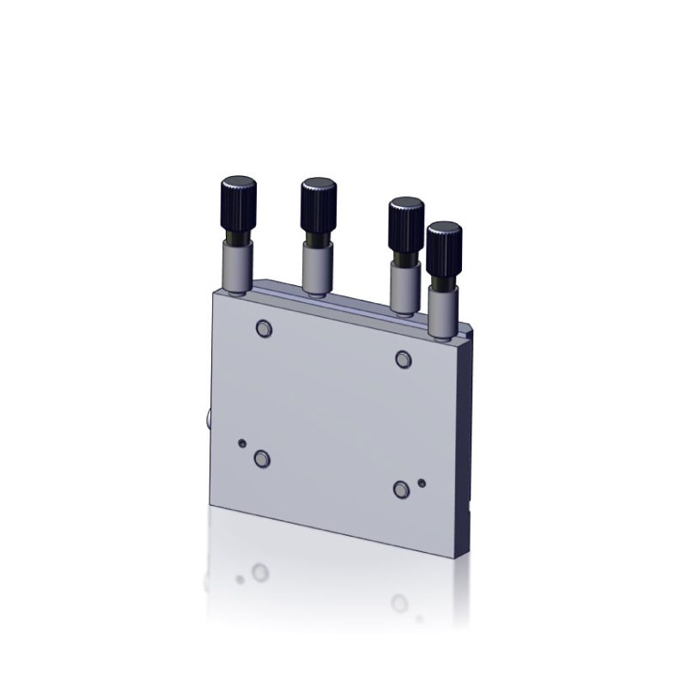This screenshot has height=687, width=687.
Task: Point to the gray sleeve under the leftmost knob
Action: click(236, 265)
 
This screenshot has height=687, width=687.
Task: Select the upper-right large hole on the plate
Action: click(403, 358)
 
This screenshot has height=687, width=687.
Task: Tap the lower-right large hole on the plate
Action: click(401, 489)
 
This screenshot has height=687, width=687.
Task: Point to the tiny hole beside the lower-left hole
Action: click(243, 443)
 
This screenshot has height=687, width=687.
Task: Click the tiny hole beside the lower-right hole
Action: click(421, 483)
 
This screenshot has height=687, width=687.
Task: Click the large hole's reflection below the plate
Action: click(260, 570)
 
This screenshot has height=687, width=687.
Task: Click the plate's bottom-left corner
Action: click(210, 505)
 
